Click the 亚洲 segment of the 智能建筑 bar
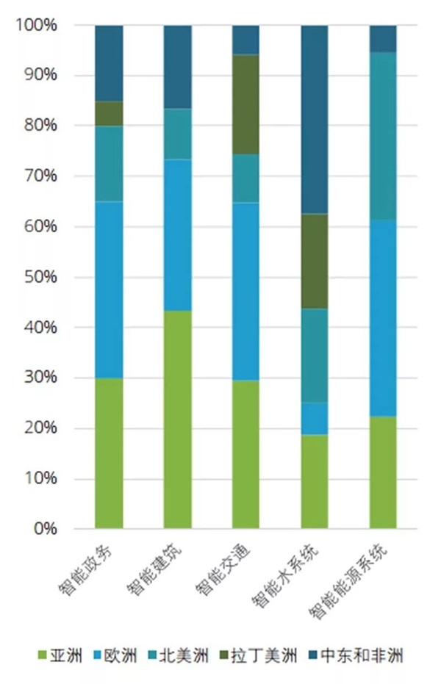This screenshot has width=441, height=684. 177,419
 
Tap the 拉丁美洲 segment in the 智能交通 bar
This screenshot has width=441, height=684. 246,104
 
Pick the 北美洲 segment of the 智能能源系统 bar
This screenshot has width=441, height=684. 383,136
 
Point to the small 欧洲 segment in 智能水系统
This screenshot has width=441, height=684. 315,418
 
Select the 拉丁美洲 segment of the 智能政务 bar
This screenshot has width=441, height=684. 109,113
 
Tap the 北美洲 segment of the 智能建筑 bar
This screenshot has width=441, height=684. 177,134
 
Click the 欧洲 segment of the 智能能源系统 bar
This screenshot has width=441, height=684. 383,318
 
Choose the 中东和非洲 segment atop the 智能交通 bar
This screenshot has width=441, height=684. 246,40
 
